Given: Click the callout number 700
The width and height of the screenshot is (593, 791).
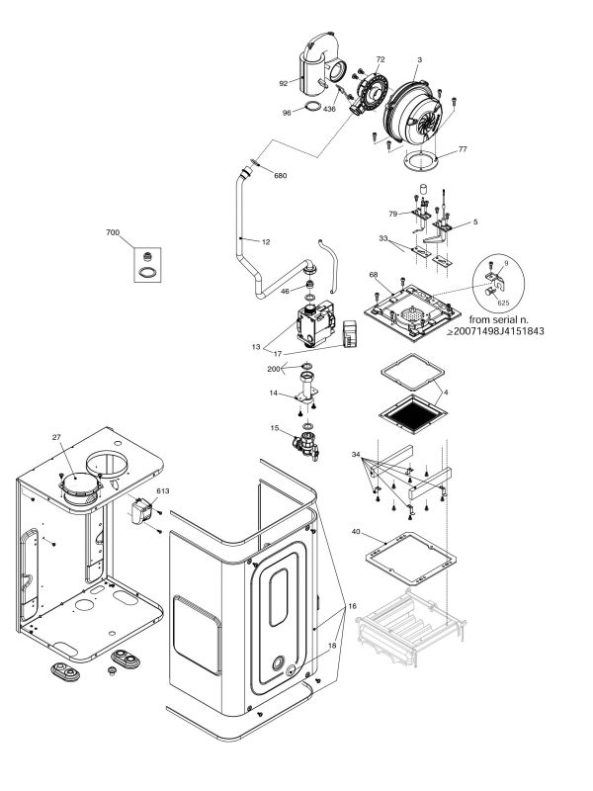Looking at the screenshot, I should click(113, 232).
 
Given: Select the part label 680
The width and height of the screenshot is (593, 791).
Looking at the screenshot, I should click(280, 176).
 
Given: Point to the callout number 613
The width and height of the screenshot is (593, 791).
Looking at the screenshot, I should click(163, 490).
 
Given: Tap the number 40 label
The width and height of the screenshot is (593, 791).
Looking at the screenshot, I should click(355, 532).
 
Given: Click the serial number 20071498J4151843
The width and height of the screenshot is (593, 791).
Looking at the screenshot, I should click(513, 332).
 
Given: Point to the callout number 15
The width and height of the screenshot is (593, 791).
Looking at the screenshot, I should click(275, 427).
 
